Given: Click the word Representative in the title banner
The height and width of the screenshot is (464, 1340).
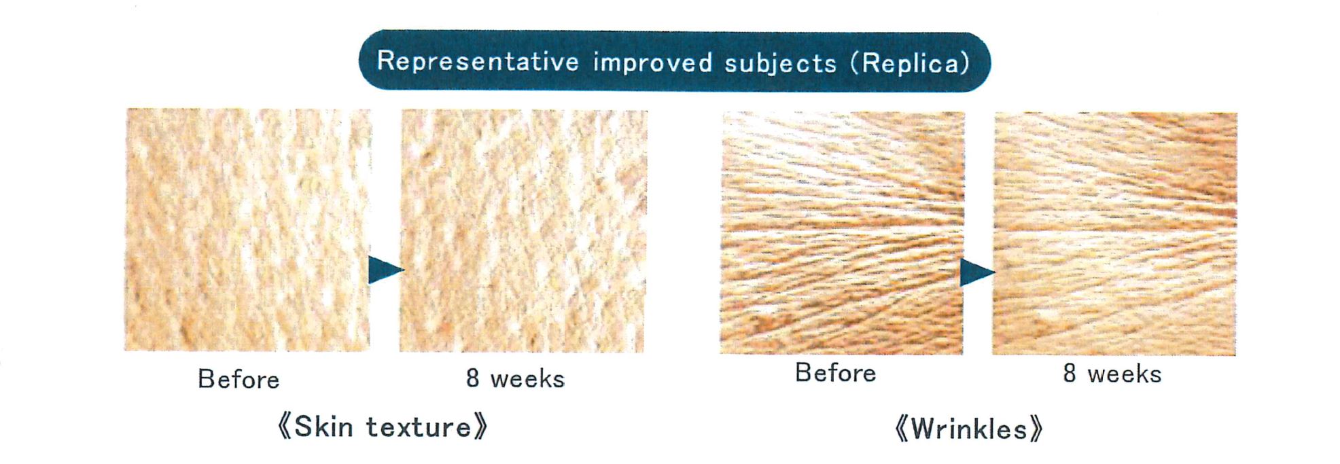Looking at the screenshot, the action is coord(478,62).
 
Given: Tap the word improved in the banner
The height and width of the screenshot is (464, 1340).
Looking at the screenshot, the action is coord(652,62).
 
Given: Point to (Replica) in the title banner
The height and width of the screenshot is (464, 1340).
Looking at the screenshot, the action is coord(910,63).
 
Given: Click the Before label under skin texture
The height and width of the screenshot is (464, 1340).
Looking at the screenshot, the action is coord(239,379).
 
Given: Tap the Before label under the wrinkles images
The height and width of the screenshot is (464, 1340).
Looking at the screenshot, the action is coord(836,373).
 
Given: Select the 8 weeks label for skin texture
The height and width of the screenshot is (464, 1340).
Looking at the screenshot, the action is coord(515,378).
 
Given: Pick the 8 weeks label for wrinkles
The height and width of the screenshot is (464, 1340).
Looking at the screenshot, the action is coord(1112,374).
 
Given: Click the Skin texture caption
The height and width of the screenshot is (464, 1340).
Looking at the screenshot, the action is coord(383,427).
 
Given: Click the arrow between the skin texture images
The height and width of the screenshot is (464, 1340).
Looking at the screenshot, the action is coord(386,270).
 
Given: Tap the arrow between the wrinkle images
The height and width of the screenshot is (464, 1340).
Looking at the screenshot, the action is coord(978,272).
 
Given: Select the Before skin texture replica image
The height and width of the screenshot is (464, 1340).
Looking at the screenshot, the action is coord(247,230).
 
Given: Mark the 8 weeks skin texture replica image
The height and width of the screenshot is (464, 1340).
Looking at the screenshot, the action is coord(523,231).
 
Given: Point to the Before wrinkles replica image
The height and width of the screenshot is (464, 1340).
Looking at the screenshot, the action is coord(842,233).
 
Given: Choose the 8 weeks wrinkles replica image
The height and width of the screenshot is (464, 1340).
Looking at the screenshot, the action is coord(1114,234).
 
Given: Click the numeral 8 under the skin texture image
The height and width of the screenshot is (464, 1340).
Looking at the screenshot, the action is coord(473,378).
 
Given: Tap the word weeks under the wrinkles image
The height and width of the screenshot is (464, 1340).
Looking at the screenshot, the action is coord(1124,374).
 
